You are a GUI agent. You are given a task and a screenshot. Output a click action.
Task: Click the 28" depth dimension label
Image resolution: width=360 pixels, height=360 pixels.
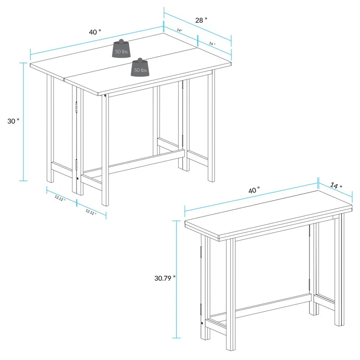202,20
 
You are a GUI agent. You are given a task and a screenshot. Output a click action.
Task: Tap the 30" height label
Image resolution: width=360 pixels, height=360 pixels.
14,121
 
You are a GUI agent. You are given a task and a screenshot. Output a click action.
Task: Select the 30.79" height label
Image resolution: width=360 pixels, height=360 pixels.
165,278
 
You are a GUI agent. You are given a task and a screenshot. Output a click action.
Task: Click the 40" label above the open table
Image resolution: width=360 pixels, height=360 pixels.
95,32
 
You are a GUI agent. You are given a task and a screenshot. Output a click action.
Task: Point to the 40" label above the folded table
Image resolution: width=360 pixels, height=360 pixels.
254,190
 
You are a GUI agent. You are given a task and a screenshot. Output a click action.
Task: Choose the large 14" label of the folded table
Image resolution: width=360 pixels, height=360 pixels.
335,185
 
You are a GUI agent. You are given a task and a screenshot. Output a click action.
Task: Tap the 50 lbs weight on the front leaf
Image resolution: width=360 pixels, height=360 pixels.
140,68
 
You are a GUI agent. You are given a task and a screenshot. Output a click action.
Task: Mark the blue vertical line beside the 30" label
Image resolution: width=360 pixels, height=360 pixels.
23,121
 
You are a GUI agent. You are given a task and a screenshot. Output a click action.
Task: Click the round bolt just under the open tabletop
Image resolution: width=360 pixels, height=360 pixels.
105,95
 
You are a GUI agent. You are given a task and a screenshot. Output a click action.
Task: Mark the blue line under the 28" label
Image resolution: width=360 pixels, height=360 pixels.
198,27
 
